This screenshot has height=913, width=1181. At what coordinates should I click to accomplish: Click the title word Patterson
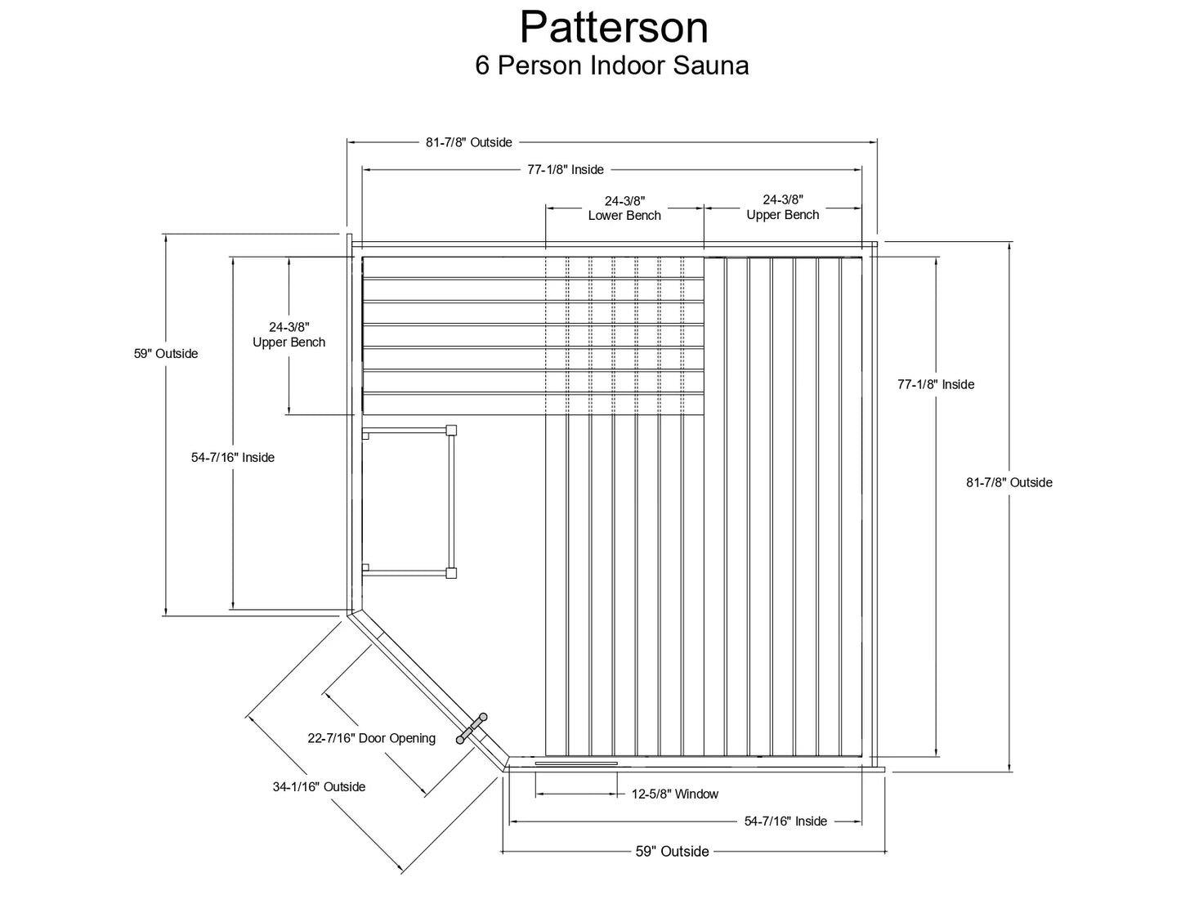click(614, 28)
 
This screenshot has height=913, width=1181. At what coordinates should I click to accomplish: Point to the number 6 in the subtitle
click(482, 65)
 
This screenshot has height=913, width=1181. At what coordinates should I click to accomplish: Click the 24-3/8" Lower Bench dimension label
click(624, 208)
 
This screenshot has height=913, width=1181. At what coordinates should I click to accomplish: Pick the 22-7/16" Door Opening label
click(371, 738)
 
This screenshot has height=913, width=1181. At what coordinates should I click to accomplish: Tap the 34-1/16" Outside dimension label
click(319, 787)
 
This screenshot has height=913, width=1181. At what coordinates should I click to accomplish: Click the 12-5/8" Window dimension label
click(674, 794)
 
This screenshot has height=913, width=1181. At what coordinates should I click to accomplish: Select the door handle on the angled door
click(472, 727)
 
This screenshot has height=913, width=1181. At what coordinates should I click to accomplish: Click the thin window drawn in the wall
click(576, 763)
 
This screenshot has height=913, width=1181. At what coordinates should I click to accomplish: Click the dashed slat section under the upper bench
click(624, 336)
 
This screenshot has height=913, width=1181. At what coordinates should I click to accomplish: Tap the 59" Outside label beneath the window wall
click(672, 852)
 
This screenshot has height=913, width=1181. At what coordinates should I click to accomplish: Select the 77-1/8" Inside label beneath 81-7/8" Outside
click(565, 170)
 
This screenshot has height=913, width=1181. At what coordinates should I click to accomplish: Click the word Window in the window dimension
click(696, 794)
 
